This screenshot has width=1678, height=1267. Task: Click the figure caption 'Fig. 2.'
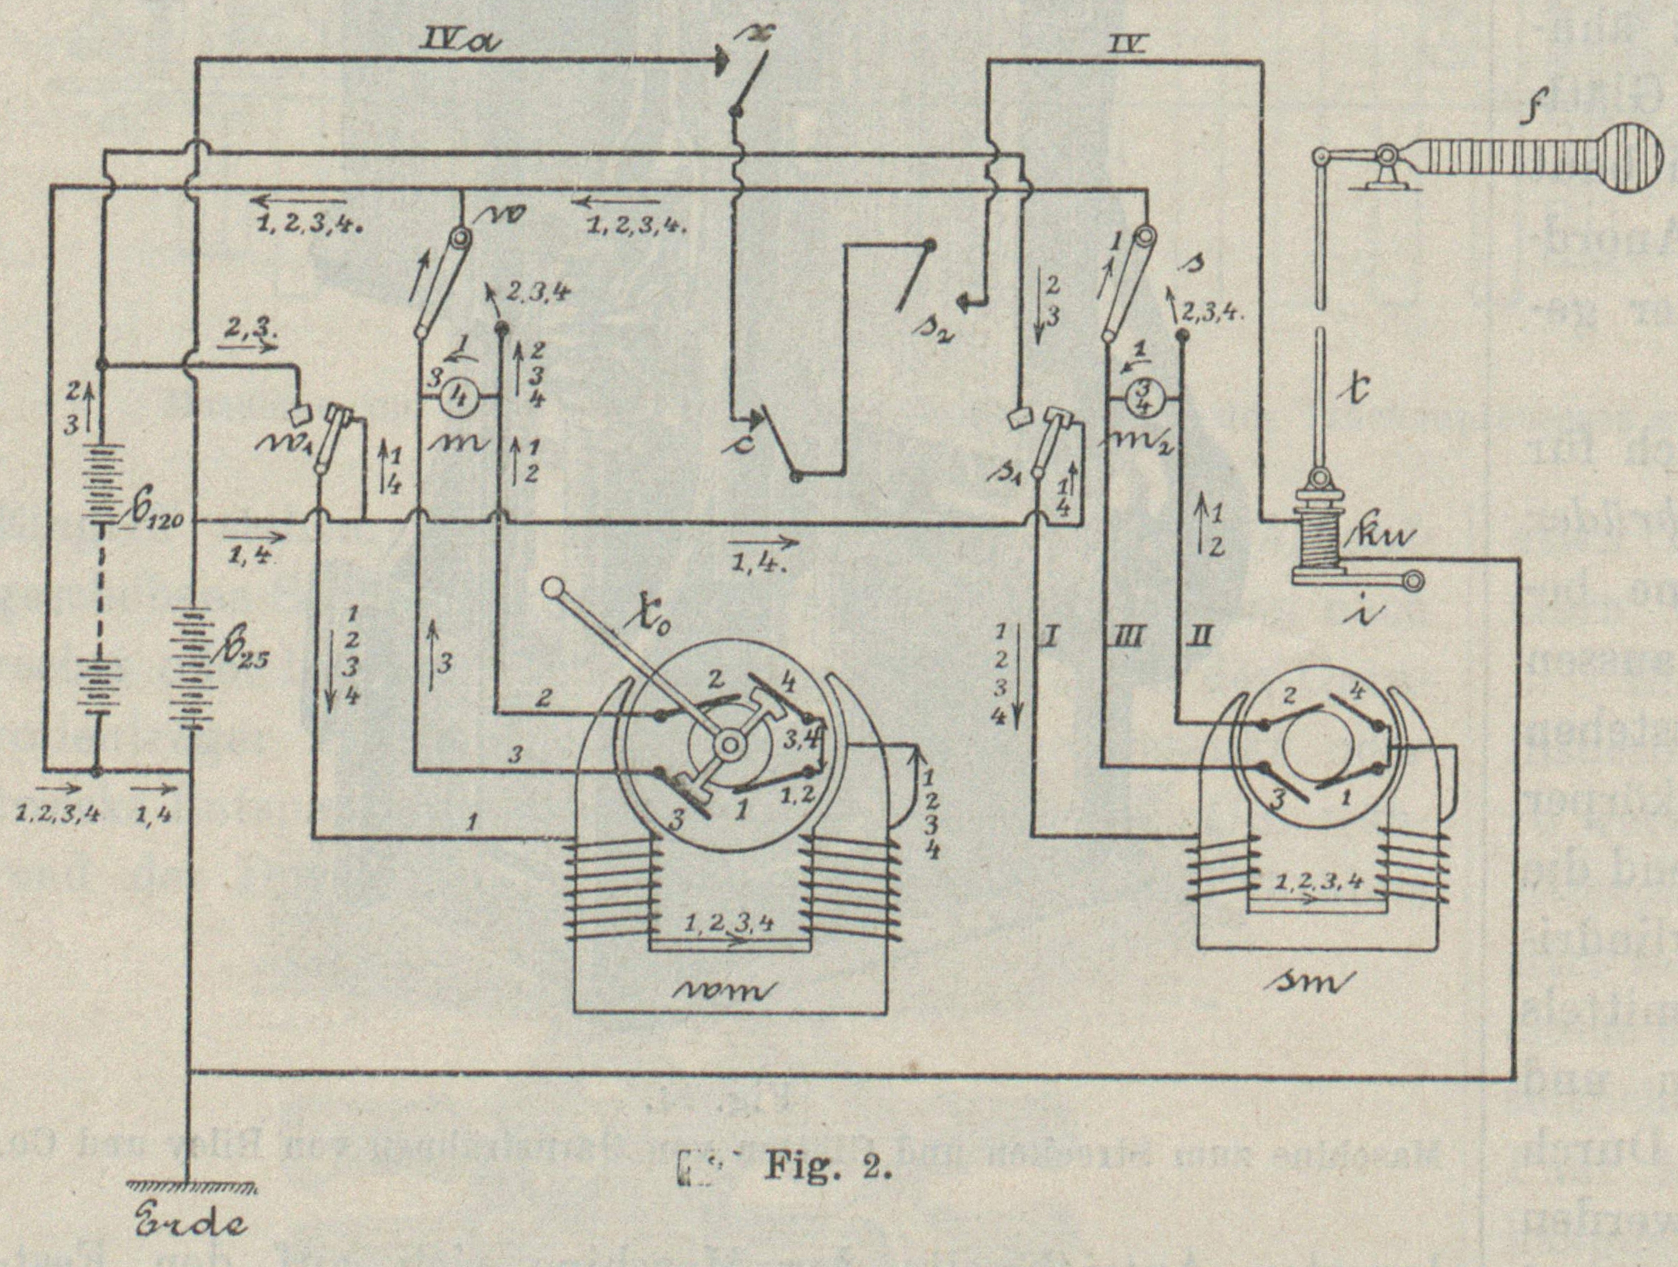(827, 1166)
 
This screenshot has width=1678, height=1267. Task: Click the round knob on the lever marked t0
(555, 589)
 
